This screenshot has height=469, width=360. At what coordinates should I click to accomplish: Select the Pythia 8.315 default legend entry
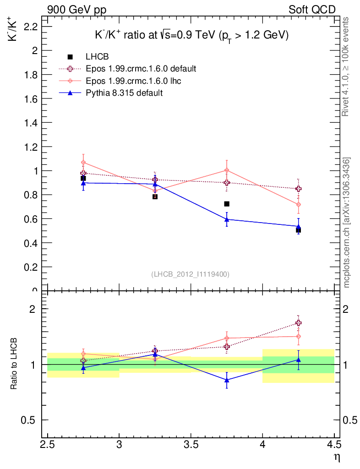click(x=124, y=93)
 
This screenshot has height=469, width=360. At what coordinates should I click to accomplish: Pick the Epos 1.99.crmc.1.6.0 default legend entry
click(x=141, y=69)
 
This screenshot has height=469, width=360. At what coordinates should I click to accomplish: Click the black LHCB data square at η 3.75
click(x=227, y=203)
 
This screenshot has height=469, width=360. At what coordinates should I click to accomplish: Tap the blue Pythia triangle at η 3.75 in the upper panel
click(x=227, y=219)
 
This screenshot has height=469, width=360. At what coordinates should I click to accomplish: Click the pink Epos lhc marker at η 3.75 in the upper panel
click(x=227, y=170)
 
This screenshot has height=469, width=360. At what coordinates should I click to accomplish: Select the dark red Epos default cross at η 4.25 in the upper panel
click(x=299, y=189)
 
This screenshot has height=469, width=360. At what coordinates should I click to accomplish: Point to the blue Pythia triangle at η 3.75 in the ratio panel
click(x=227, y=380)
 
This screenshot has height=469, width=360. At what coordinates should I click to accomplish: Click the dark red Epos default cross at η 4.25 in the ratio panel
click(x=299, y=323)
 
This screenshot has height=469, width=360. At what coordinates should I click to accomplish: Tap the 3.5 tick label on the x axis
click(x=191, y=444)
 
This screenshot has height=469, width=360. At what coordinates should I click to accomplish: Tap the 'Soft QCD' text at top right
click(x=311, y=10)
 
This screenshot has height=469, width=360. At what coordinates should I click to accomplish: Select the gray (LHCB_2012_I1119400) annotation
click(x=190, y=274)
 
